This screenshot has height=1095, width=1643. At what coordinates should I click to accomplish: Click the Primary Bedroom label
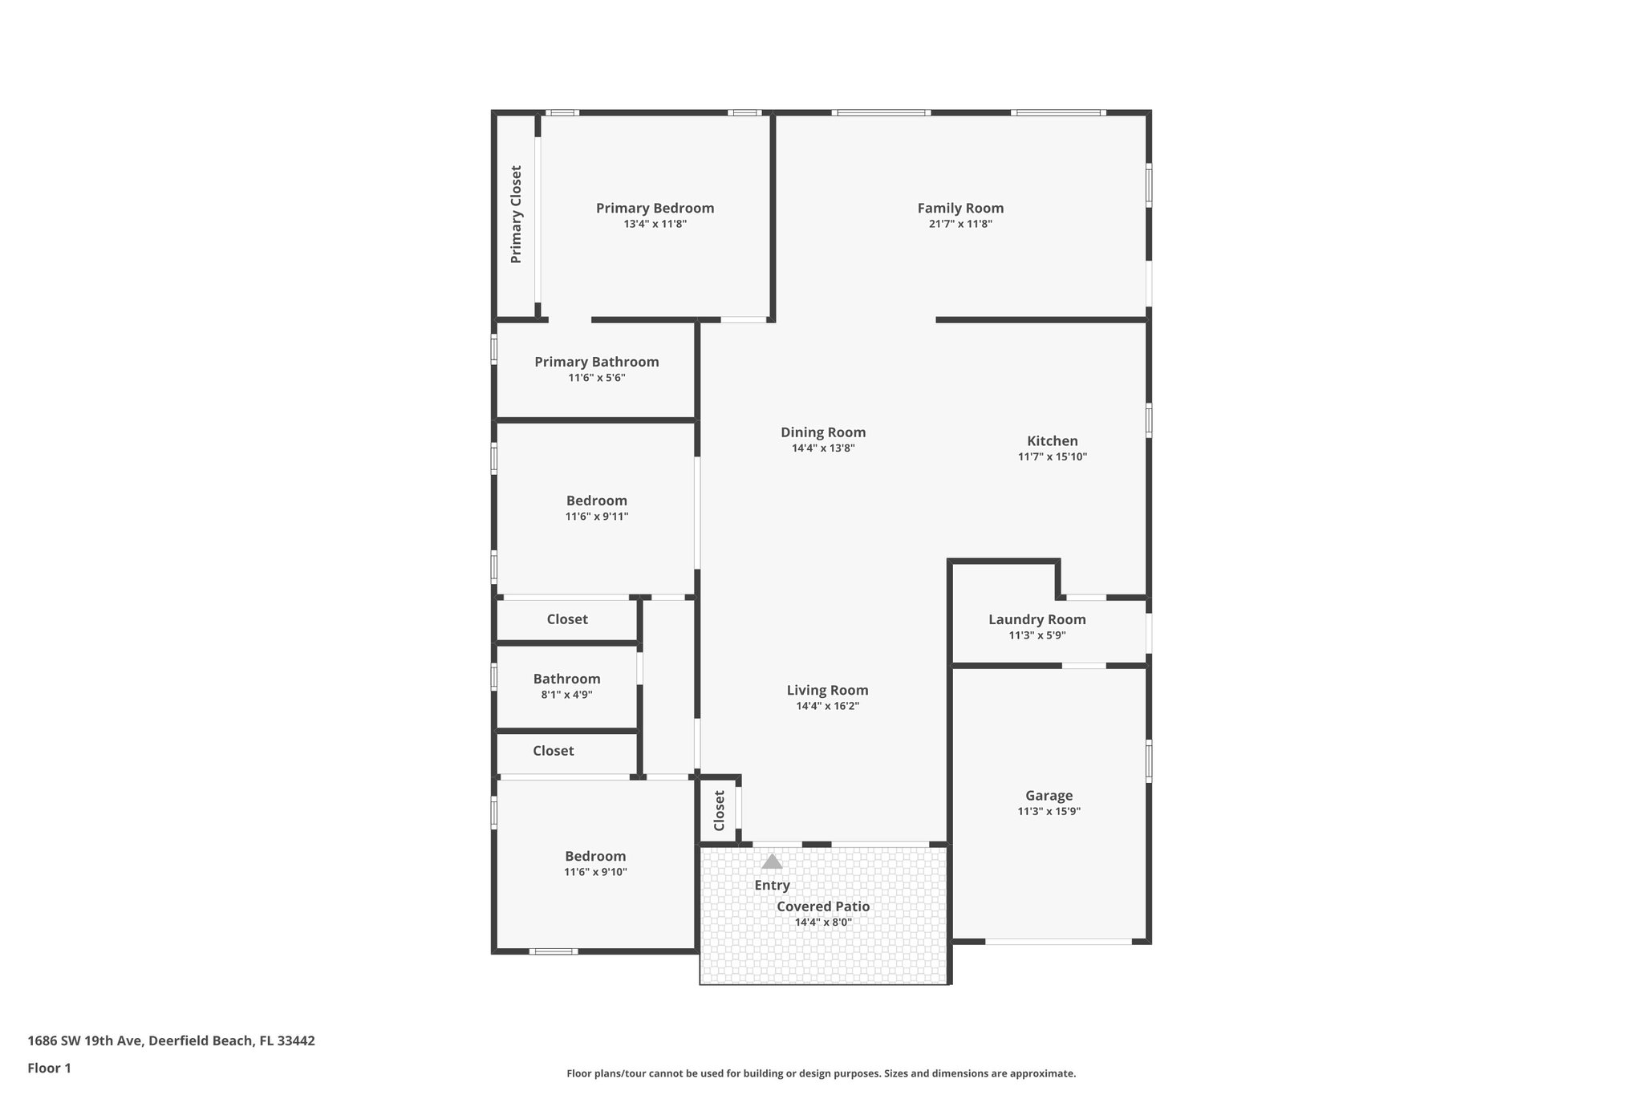[655, 209]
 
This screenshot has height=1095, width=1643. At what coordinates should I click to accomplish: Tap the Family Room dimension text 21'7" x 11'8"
[960, 225]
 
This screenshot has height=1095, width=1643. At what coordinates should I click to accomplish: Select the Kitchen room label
[1052, 441]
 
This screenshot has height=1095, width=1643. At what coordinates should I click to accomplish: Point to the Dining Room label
[823, 432]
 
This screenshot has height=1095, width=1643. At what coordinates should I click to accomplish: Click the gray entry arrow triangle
[772, 862]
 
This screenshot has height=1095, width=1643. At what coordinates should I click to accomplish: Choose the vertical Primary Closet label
[516, 214]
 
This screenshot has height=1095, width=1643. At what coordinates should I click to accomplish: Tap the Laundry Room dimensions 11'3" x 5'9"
[1037, 635]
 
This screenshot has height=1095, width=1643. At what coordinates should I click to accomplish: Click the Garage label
[1049, 796]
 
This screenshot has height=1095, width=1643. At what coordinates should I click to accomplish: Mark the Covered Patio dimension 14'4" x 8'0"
[823, 923]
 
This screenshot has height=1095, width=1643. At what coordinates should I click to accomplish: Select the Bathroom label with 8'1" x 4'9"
[566, 679]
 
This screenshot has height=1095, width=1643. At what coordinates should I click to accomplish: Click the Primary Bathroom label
[597, 362]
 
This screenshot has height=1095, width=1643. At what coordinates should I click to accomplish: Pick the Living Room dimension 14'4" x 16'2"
[827, 706]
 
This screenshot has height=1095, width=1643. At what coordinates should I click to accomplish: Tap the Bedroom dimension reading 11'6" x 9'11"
[597, 517]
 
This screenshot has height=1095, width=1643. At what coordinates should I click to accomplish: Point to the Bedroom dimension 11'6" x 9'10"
[595, 872]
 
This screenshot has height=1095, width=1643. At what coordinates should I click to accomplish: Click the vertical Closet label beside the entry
[719, 811]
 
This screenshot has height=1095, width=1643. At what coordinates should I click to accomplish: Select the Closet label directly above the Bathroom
[567, 619]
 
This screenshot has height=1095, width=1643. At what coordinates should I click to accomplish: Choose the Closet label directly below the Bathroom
[554, 751]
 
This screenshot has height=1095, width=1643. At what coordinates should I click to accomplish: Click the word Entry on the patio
[772, 886]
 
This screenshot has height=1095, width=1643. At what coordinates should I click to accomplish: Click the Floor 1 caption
[50, 1069]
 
